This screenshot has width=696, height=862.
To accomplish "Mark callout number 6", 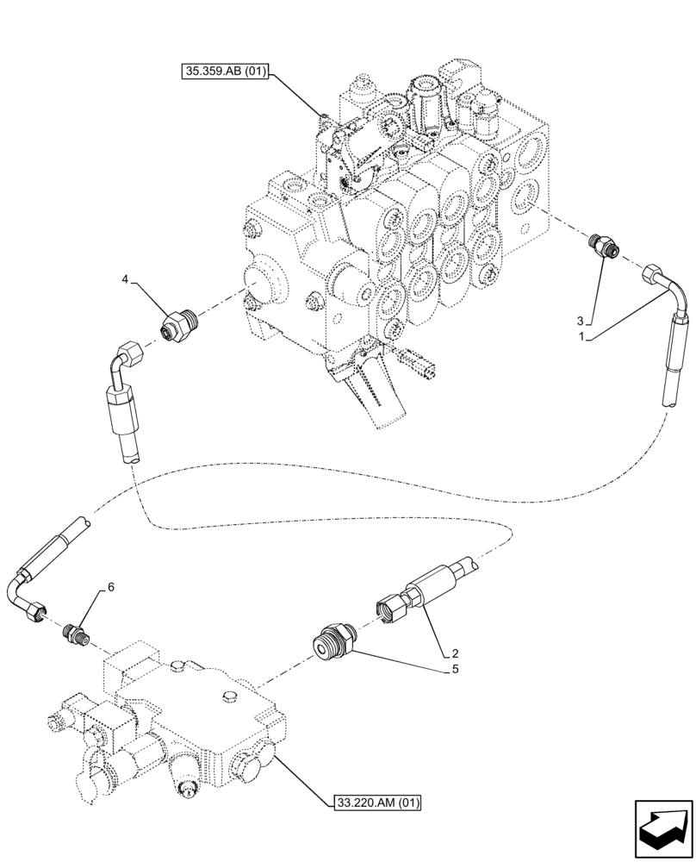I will click(110, 587).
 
